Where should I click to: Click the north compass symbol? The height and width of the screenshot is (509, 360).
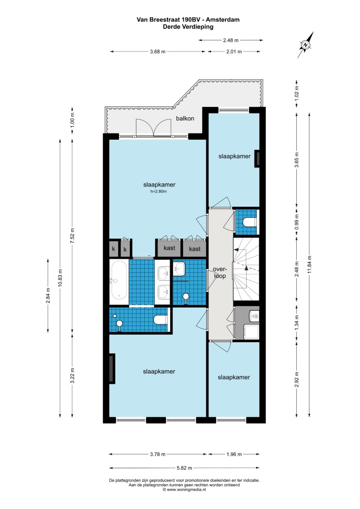306,45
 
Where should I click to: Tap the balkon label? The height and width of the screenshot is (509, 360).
185,119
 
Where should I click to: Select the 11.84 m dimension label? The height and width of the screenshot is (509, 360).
309,264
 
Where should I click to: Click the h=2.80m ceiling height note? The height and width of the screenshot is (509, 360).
158,192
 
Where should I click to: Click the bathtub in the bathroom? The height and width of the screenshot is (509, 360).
119,282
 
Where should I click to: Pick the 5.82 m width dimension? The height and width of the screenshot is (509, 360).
184,468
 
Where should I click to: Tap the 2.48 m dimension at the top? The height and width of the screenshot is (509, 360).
231,40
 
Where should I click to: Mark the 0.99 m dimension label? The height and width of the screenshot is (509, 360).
297,222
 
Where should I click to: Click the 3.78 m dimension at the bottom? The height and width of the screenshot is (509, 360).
158,454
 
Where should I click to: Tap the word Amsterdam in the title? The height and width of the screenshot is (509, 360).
223,20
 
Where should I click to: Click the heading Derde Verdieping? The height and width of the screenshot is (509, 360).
188,27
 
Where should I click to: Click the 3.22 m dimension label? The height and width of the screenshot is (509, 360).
72,375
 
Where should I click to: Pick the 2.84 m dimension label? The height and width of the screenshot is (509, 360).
48,295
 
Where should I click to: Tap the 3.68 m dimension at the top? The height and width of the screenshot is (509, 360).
158,52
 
